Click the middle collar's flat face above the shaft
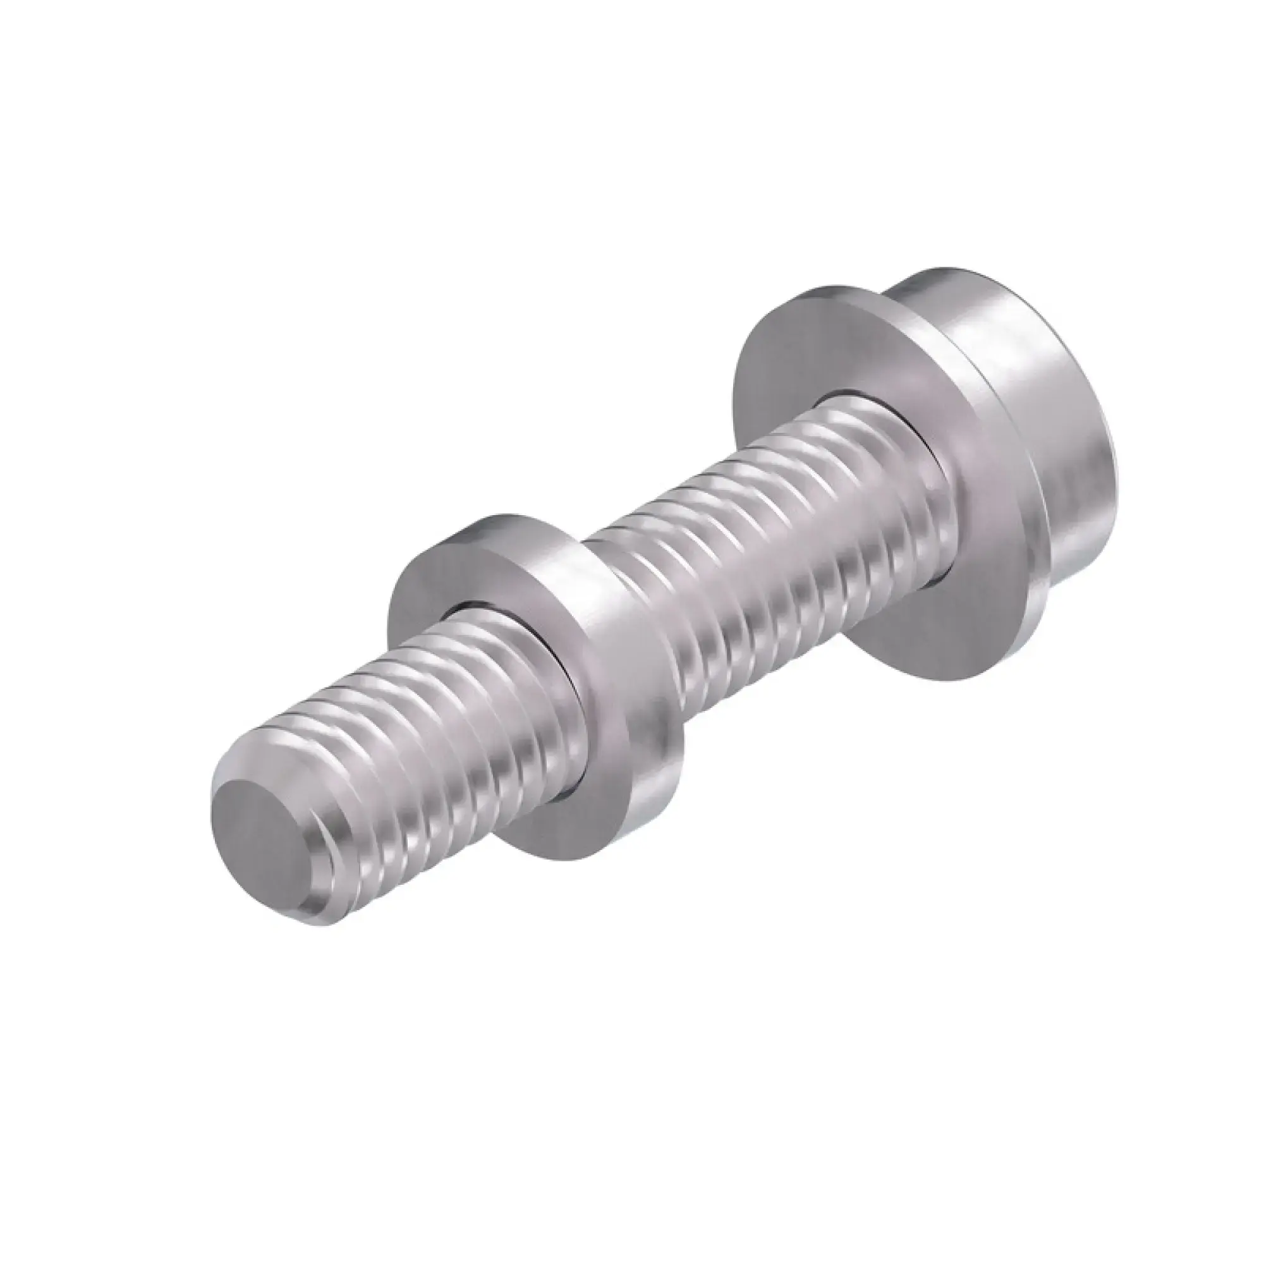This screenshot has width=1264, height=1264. point(451,576)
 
